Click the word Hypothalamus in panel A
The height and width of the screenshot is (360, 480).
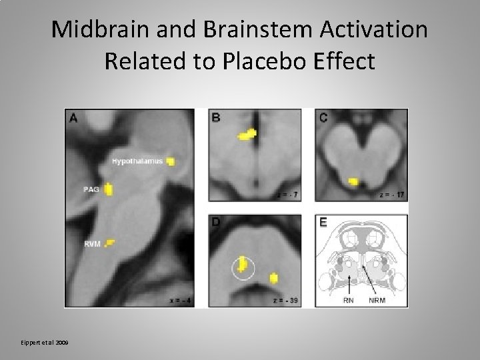(x=137, y=161)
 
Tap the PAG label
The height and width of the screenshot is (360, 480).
(x=91, y=190)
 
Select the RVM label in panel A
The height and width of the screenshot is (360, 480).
(x=92, y=245)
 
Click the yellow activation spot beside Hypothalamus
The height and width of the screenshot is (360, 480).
(x=171, y=161)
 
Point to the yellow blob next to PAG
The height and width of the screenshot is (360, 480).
(x=109, y=190)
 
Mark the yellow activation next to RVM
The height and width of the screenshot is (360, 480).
(x=111, y=242)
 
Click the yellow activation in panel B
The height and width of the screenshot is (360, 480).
(x=248, y=135)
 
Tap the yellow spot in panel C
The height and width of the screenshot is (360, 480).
(x=353, y=181)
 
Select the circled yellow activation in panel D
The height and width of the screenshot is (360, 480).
(x=243, y=267)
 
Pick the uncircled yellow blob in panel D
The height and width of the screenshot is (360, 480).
(x=273, y=278)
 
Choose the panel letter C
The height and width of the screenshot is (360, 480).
(x=323, y=118)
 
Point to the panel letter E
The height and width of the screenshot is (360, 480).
(x=323, y=223)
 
